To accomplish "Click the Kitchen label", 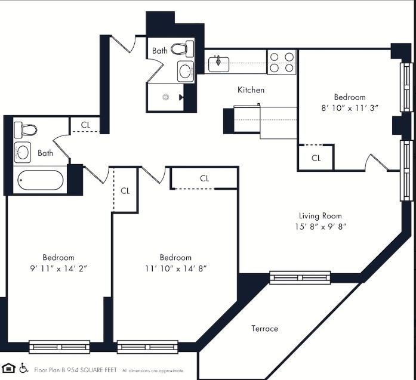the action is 251,90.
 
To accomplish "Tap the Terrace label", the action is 264,328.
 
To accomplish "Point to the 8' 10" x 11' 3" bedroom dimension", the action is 350,108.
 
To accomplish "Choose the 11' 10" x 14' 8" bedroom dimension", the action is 175,268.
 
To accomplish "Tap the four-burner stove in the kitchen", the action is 282,61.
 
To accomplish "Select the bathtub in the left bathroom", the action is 40,180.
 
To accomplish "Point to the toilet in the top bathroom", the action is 183,48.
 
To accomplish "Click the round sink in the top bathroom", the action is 186,72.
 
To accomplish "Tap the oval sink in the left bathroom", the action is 23,152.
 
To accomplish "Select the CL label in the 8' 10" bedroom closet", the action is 316,158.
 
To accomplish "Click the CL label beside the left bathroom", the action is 85,125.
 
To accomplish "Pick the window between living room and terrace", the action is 300,277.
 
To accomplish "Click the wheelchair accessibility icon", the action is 24,367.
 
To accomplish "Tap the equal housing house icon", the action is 9,367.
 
